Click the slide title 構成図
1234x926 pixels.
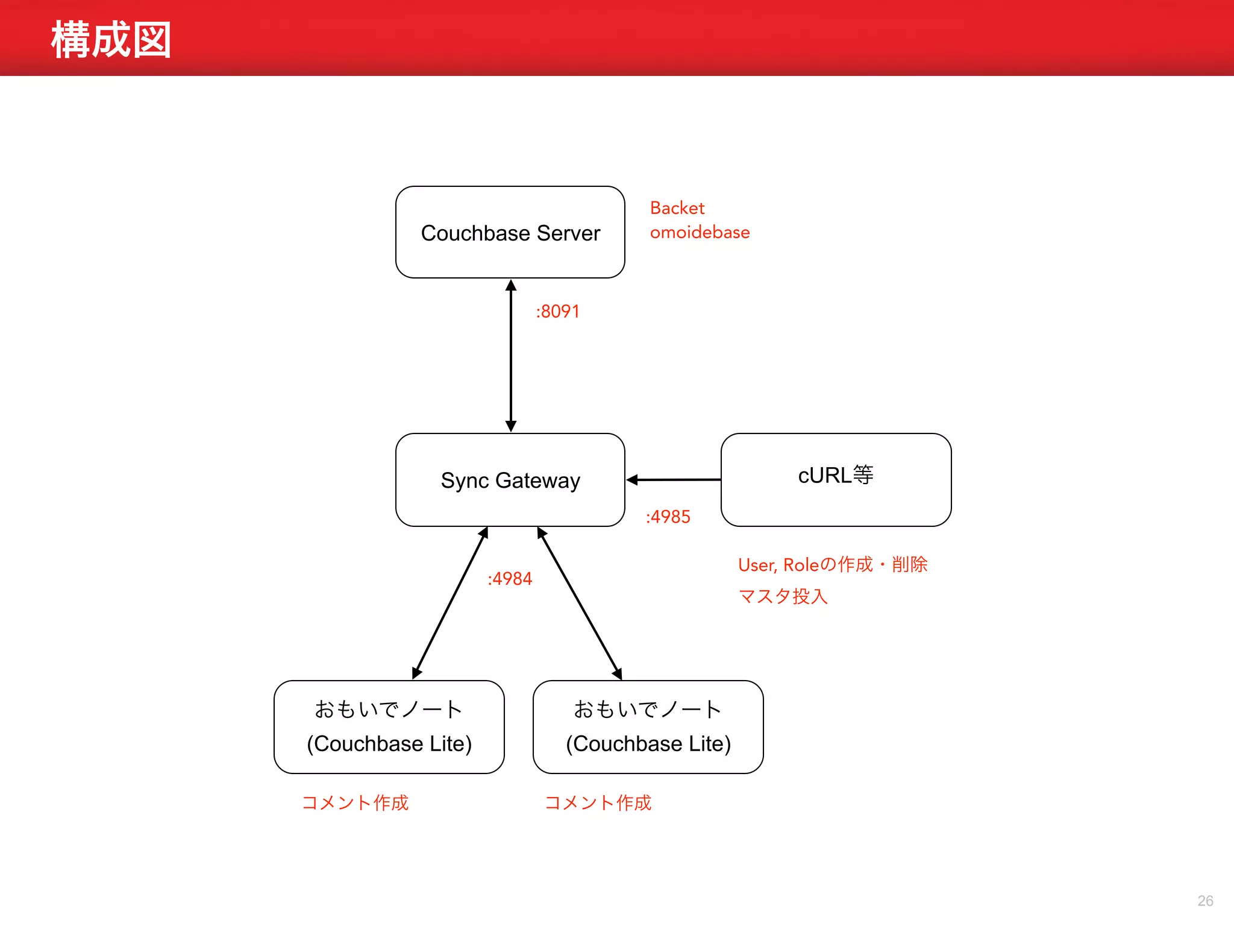111,40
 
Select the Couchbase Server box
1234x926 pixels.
510,233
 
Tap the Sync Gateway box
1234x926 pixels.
510,480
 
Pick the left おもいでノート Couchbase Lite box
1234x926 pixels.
389,726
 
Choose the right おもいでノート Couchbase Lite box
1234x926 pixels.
648,726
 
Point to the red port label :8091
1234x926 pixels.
557,312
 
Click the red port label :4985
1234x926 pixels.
668,517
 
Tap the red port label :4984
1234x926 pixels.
510,579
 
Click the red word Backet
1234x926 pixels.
677,208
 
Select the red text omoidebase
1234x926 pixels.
700,233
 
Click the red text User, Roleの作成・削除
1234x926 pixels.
832,565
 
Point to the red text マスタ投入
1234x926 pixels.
783,596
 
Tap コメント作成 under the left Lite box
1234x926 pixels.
355,802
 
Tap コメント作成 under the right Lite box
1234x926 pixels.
598,802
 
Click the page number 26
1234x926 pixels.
1205,901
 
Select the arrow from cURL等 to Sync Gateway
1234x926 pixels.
673,480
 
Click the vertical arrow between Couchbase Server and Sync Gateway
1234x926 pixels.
511,356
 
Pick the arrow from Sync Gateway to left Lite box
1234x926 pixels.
450,603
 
